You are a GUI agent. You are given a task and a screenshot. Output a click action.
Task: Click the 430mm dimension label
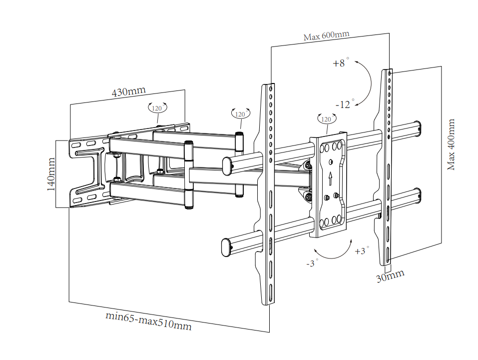pos(129,91)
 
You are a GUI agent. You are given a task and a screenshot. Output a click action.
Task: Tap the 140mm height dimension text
pos(51,174)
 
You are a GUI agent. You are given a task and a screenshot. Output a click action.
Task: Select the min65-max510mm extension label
pos(148,321)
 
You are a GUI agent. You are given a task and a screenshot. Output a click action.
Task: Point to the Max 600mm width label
pos(326,35)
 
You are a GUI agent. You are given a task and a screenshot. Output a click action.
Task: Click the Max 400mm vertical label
pos(451,144)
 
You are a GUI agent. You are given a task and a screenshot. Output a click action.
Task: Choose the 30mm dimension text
pos(390,276)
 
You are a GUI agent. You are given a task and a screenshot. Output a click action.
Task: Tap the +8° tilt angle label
pos(341,62)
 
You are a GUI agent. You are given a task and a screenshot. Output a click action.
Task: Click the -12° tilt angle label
pos(345,104)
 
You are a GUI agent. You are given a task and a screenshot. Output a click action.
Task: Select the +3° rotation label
pos(362,250)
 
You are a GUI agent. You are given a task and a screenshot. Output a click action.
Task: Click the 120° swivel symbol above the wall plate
pos(157,107)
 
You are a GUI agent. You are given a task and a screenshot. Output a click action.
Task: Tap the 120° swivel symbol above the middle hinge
pos(241,113)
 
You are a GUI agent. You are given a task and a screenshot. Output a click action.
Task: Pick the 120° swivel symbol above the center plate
pos(327,118)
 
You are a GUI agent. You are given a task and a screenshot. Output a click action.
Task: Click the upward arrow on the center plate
pos(330,178)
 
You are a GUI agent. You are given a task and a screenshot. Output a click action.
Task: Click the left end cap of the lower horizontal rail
pos(226,247)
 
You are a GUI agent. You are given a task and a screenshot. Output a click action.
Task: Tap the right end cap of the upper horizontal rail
pos(418,129)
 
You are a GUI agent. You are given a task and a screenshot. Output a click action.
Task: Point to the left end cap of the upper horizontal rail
pos(227,166)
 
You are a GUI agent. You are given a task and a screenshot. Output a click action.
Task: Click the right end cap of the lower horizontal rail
pos(418,196)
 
